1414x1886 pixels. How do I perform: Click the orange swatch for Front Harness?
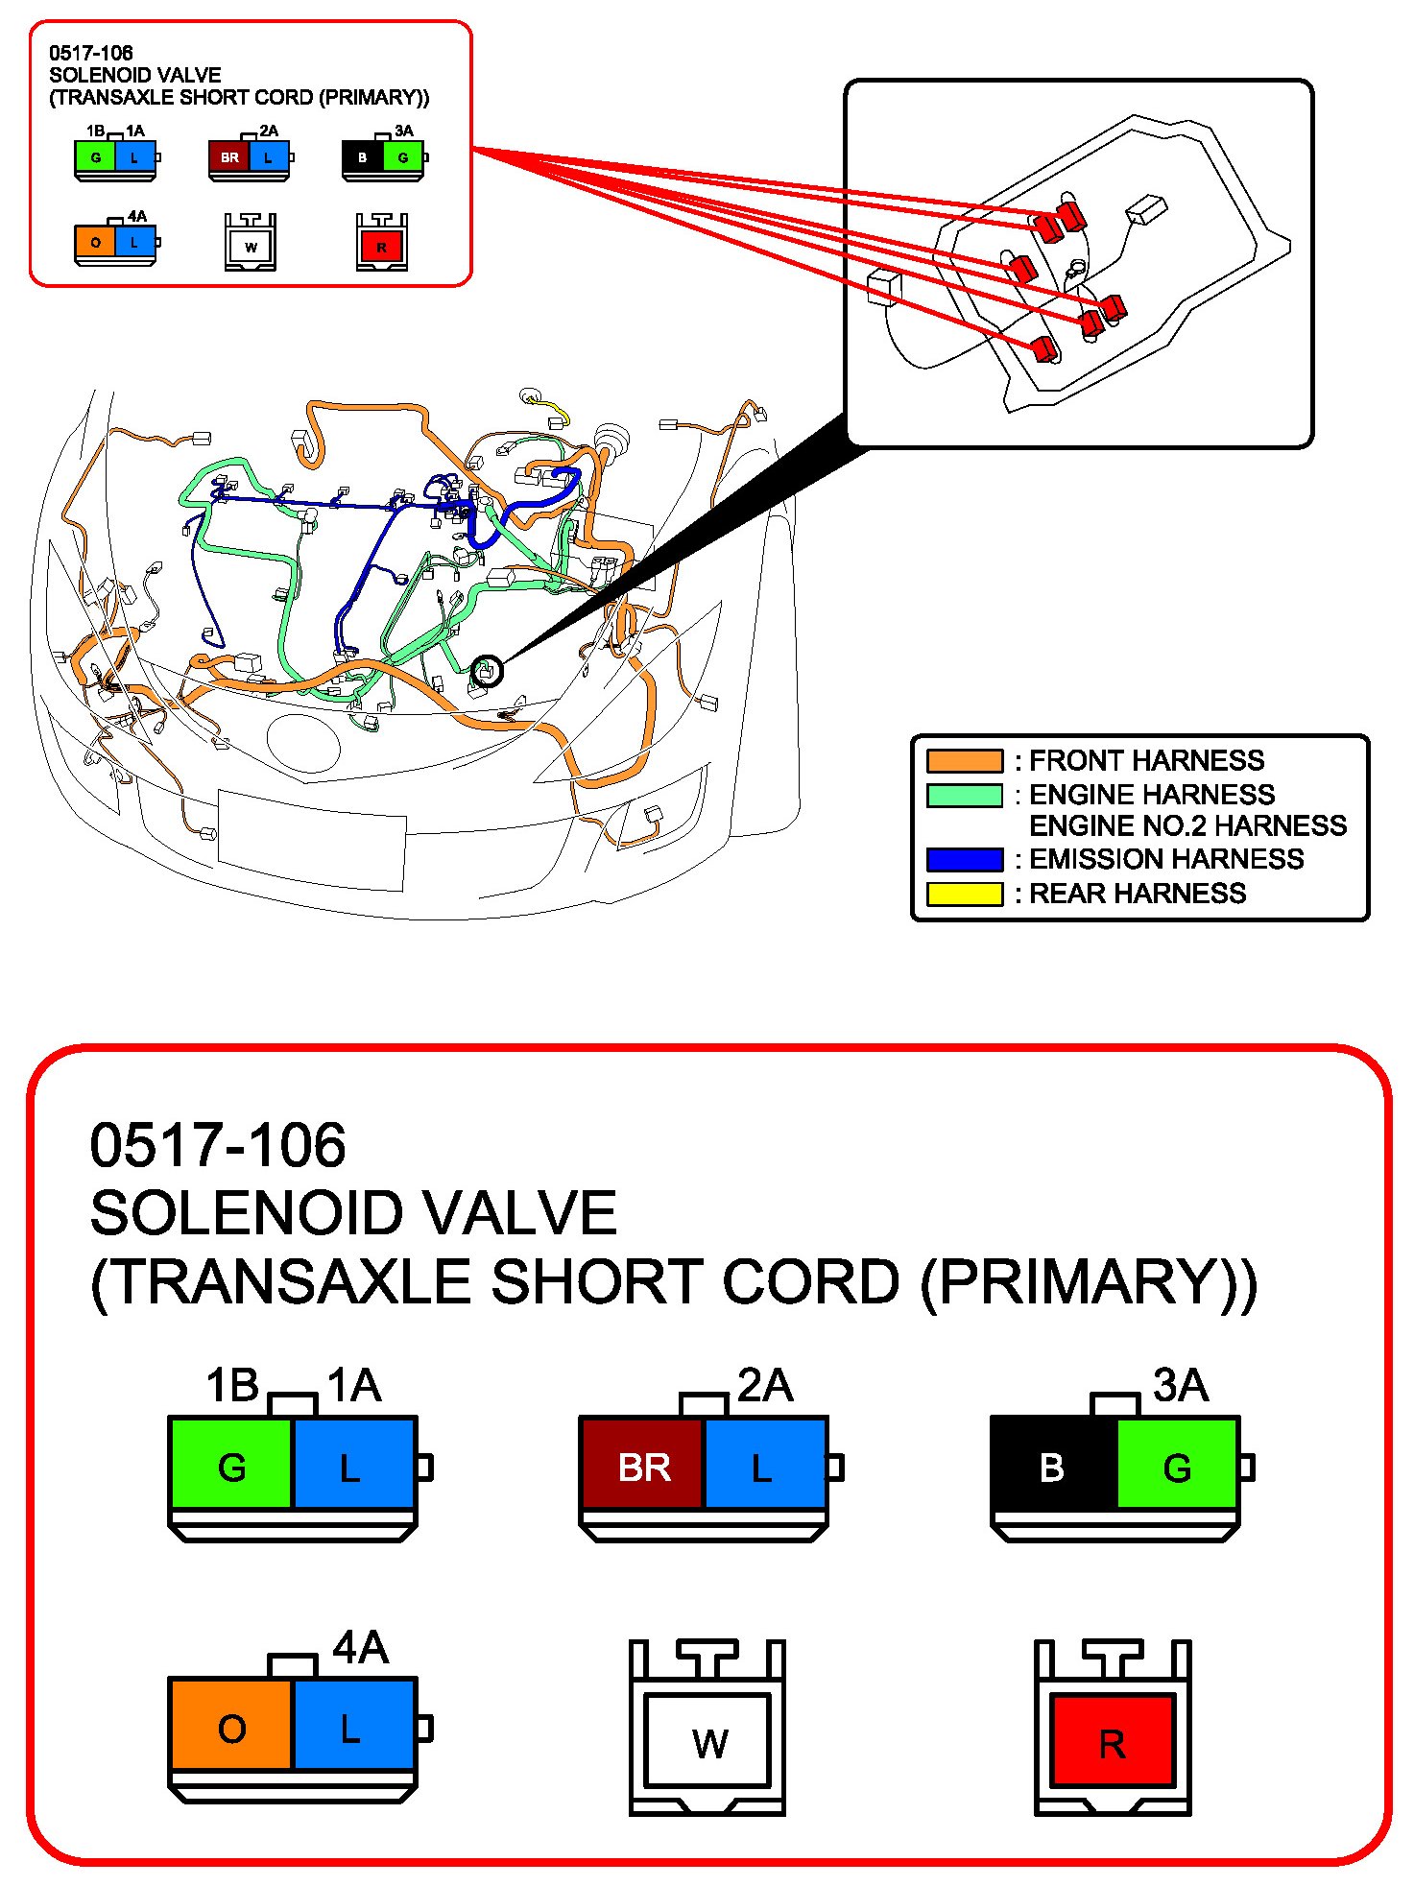pos(964,761)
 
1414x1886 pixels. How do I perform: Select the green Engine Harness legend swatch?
pos(964,796)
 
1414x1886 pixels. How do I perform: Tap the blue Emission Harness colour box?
pos(964,859)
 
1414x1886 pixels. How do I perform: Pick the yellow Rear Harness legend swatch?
pos(964,894)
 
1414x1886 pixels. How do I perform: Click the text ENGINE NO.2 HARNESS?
pos(1187,825)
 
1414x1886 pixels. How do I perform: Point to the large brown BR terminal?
pos(642,1467)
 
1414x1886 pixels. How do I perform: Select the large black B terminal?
pos(1053,1467)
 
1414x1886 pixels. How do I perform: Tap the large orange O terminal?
pos(231,1729)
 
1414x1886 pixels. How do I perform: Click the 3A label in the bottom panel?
pos(1180,1385)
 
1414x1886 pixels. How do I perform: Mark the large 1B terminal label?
pos(232,1386)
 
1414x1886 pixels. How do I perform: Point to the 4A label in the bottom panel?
pos(360,1647)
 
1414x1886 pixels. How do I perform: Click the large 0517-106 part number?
pos(218,1145)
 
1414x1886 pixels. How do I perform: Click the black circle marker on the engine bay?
pos(487,671)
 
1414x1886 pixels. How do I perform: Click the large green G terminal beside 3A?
pos(1177,1467)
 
